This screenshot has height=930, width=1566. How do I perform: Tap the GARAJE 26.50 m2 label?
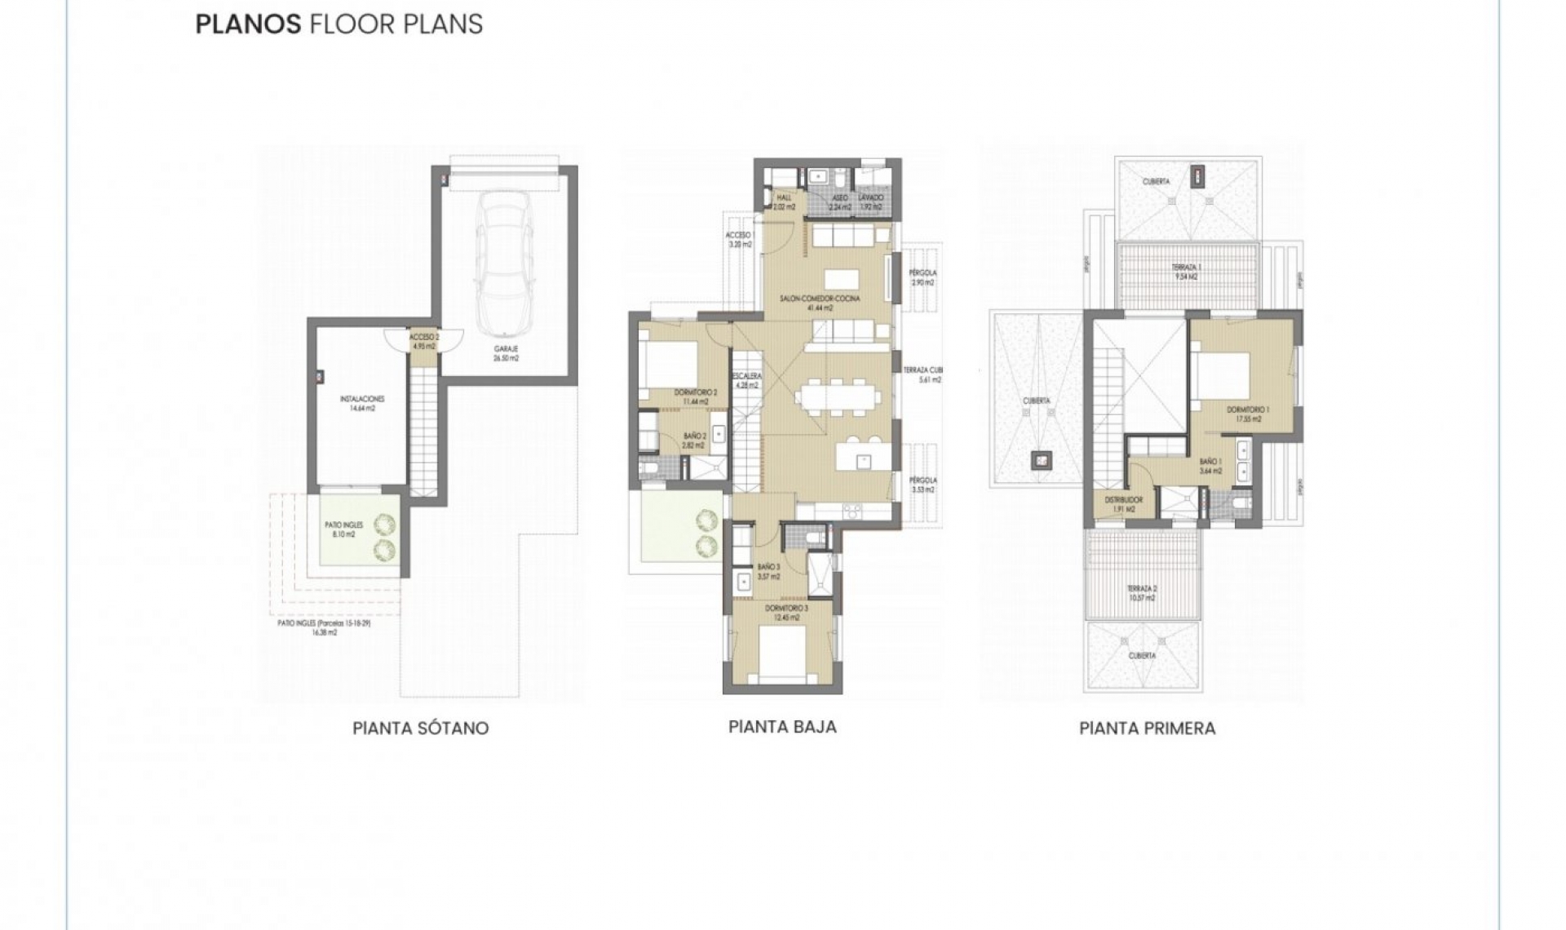pos(507,352)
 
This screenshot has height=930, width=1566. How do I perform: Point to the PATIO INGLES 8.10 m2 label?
pos(343,529)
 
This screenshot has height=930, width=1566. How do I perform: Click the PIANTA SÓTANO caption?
pos(420,728)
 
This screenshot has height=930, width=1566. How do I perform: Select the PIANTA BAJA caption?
pos(782,726)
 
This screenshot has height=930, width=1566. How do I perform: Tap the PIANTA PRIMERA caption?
pos(1147,728)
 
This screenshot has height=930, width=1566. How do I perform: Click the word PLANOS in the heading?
pos(248,24)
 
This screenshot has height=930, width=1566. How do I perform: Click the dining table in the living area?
pos(838,400)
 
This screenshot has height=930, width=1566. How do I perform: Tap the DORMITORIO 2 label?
pos(695,396)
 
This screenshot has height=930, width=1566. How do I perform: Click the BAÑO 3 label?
pos(768,571)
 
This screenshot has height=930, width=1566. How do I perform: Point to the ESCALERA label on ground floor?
pos(747,380)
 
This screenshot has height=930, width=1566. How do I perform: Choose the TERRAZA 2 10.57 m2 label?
pos(1142,592)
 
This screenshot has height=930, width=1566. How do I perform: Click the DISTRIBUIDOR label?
pos(1123,504)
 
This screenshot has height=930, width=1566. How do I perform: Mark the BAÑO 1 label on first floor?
pos(1210,466)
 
